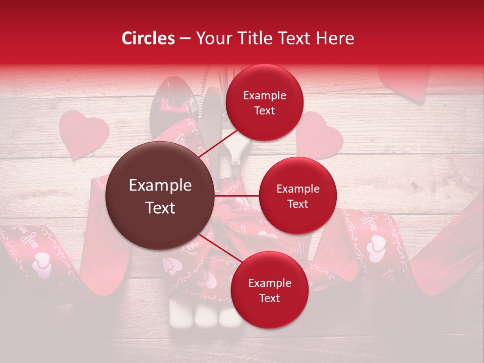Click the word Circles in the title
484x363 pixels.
click(148, 38)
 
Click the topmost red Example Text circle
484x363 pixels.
click(264, 103)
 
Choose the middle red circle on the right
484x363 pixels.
click(297, 196)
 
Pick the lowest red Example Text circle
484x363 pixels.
click(269, 290)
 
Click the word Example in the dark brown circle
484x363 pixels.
click(160, 186)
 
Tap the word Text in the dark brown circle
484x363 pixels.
click(160, 208)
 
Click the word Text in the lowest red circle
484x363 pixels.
click(269, 298)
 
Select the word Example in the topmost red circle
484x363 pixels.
click(264, 96)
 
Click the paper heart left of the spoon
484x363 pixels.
click(83, 134)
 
